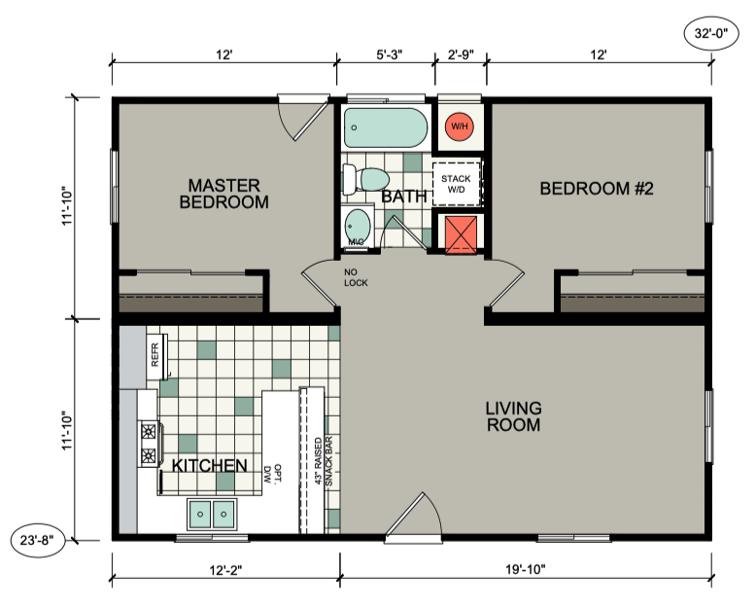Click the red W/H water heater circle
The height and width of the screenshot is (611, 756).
pos(459,126)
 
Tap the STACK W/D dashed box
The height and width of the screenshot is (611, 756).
pos(457,184)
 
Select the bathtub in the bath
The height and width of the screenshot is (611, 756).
pos(386,127)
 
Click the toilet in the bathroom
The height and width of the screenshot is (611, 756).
pos(366,179)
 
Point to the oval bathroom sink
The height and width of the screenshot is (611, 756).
pos(359,226)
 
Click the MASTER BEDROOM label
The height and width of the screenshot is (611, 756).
pos(224,194)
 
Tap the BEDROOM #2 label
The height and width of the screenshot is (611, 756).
pos(597,188)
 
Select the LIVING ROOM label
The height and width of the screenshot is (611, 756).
pos(513,416)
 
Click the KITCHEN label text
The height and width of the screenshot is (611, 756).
pos(210,466)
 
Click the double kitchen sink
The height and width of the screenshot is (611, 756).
pos(212,514)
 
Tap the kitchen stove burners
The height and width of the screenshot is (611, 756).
pos(149,443)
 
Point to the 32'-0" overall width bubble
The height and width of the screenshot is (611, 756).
pos(711,33)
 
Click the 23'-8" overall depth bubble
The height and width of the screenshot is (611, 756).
pos(38,540)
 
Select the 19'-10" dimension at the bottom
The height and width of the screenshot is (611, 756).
pos(526,569)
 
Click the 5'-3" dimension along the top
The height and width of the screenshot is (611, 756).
pos(389,54)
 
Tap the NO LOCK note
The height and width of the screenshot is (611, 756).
pos(356,277)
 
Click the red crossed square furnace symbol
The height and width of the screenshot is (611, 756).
pos(461,235)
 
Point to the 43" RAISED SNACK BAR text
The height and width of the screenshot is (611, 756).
pos(324,461)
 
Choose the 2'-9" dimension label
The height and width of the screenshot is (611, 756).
pos(461,54)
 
